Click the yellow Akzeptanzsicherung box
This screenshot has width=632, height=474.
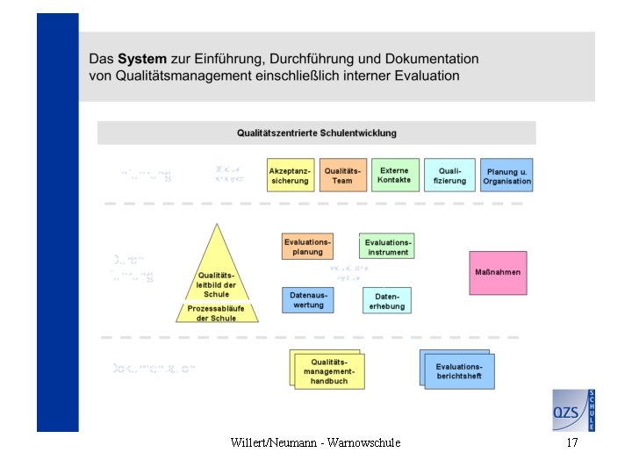point(290,176)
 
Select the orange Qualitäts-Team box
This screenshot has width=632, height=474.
point(341,176)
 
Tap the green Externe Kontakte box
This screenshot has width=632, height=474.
point(394,175)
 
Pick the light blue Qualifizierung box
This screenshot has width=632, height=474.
point(449,176)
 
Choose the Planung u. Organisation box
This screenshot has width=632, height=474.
point(506,176)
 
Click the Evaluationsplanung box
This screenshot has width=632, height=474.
point(307,247)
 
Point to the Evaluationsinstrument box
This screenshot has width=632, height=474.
point(387,247)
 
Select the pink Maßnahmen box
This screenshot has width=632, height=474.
point(498,272)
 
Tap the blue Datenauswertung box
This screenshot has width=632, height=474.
point(307,300)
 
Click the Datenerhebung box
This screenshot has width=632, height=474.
point(387,300)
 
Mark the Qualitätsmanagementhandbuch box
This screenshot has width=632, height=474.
point(328,370)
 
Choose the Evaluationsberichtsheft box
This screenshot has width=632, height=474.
point(458,370)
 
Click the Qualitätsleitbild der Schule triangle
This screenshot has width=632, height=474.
point(216,272)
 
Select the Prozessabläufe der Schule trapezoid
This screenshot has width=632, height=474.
point(216,313)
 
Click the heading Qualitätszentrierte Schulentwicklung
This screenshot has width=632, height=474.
point(316,133)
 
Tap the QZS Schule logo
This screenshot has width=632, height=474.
point(573,410)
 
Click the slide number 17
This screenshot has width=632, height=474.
point(572,443)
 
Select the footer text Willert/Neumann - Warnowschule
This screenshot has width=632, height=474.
point(315,443)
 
